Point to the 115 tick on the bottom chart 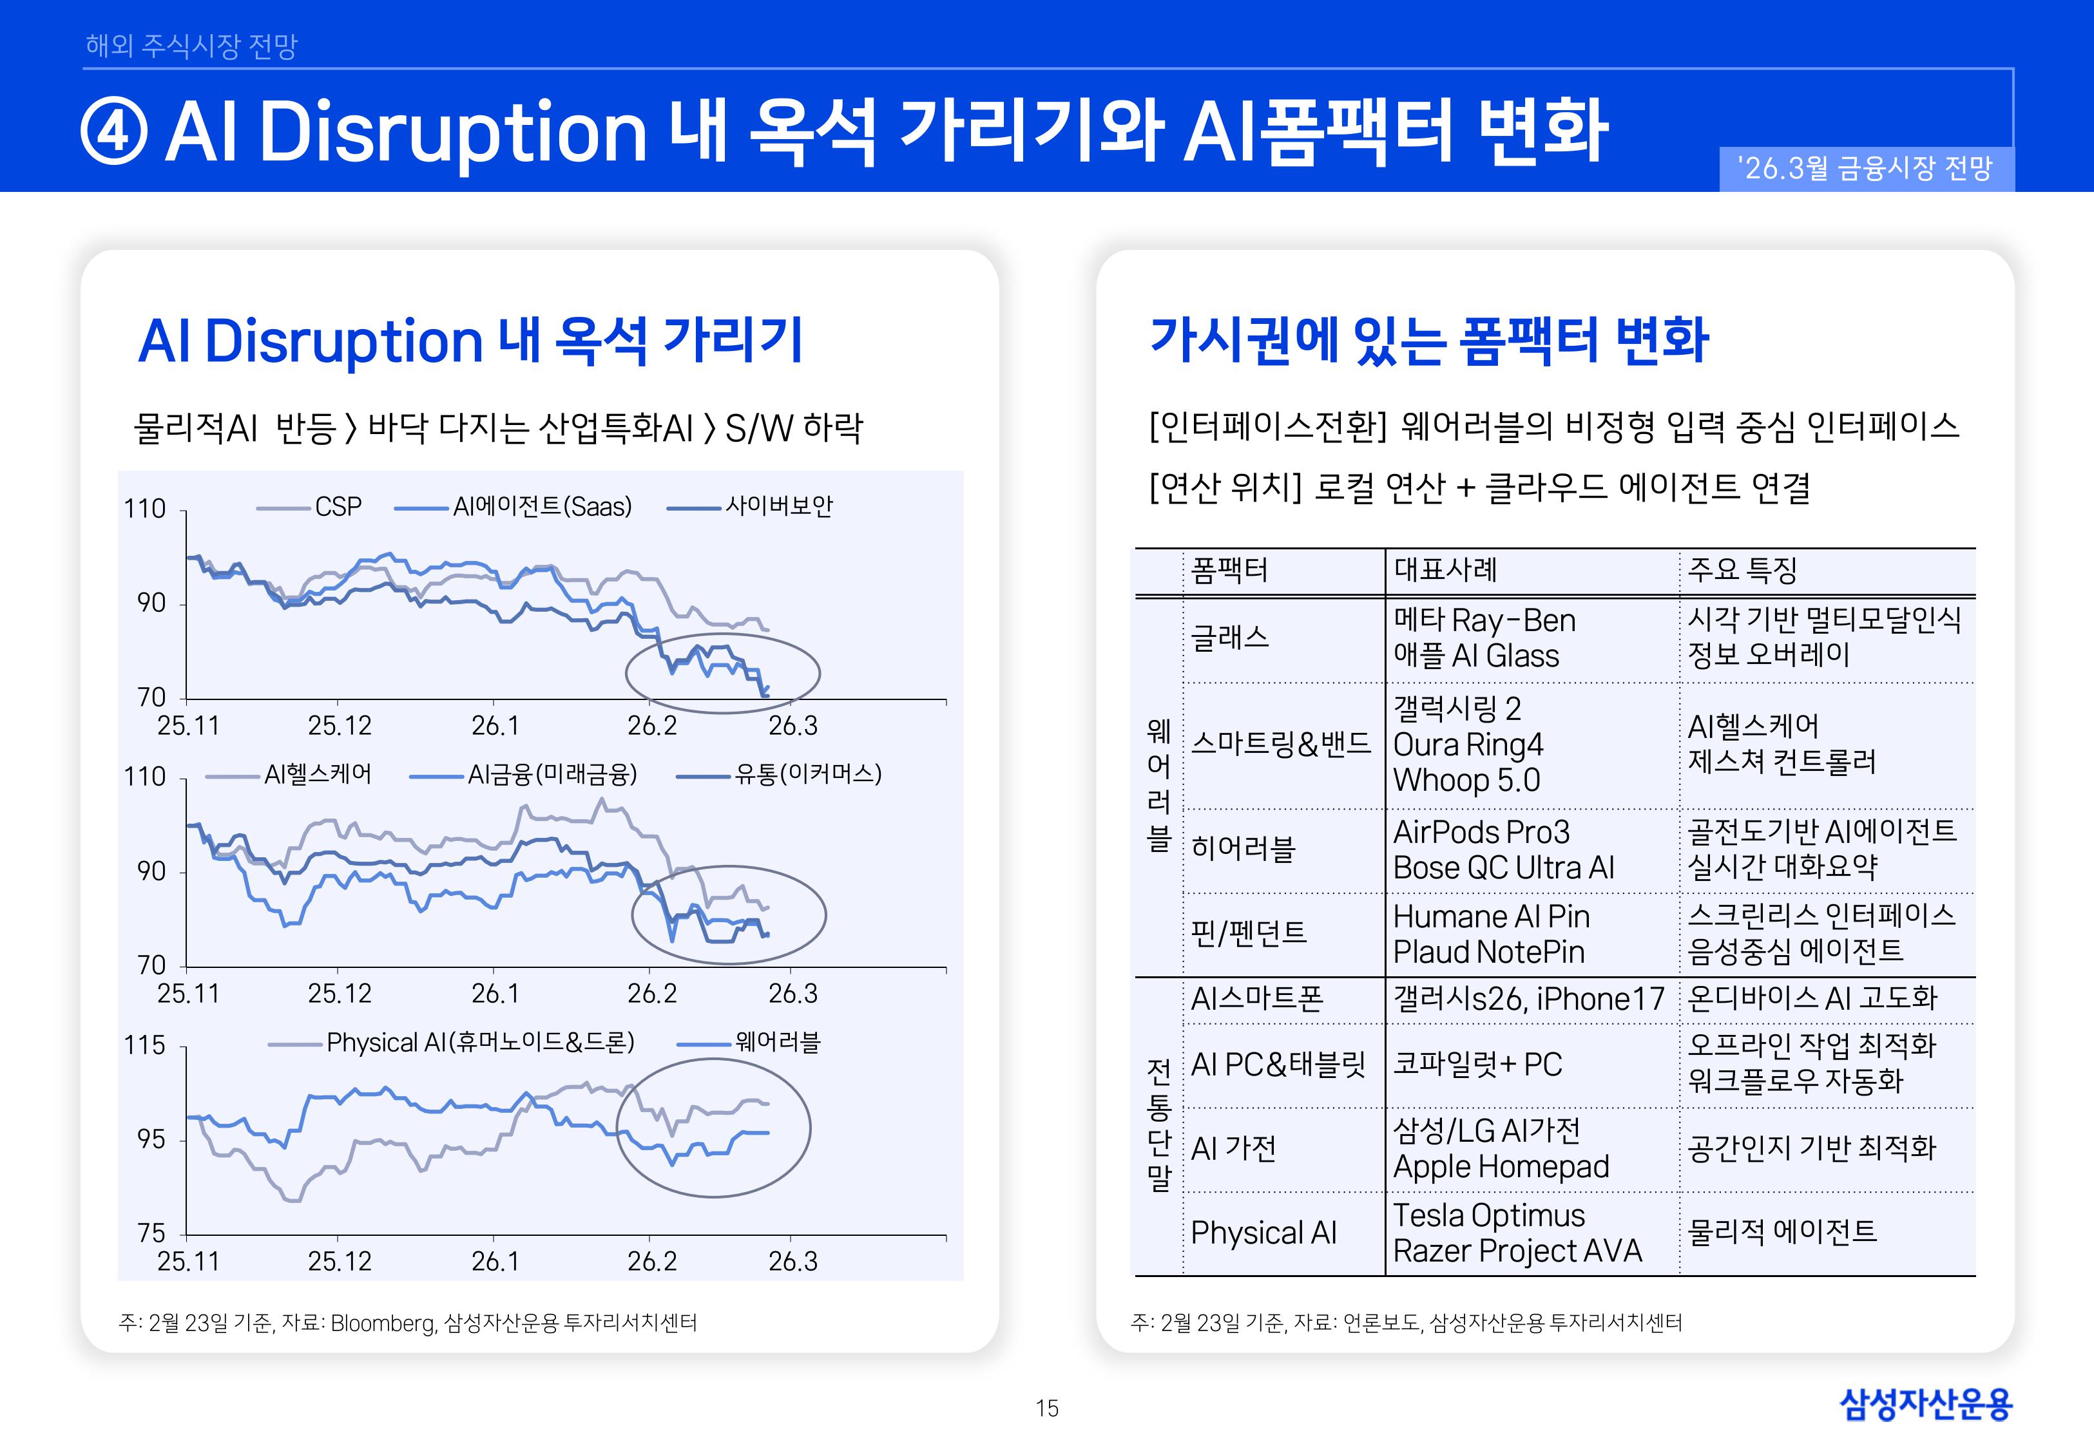click(145, 1045)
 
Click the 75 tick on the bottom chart click(151, 1233)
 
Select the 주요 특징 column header click(1742, 570)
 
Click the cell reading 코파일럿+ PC click(1477, 1064)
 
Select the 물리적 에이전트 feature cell click(1782, 1232)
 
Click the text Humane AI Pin click(1491, 917)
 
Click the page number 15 click(1046, 1408)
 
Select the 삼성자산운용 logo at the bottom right click(1925, 1405)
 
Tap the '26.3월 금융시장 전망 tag click(1865, 169)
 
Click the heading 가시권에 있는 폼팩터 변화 click(1428, 341)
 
